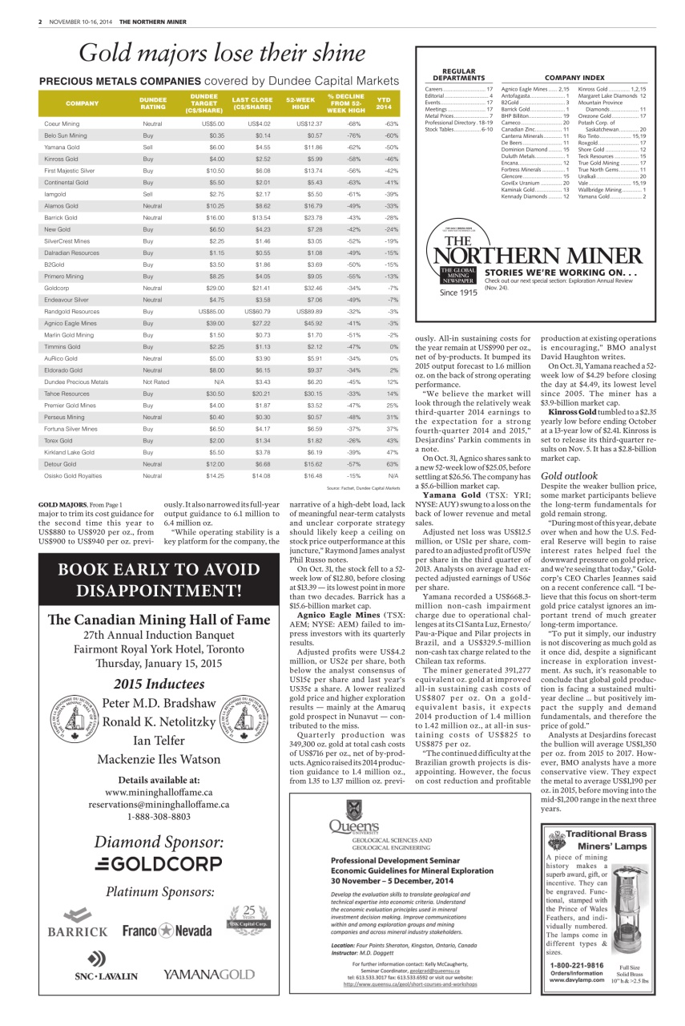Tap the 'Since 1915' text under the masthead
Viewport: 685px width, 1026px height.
[x=457, y=293]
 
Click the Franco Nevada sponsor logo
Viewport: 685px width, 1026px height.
[x=168, y=931]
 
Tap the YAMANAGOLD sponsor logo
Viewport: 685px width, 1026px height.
[x=208, y=975]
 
